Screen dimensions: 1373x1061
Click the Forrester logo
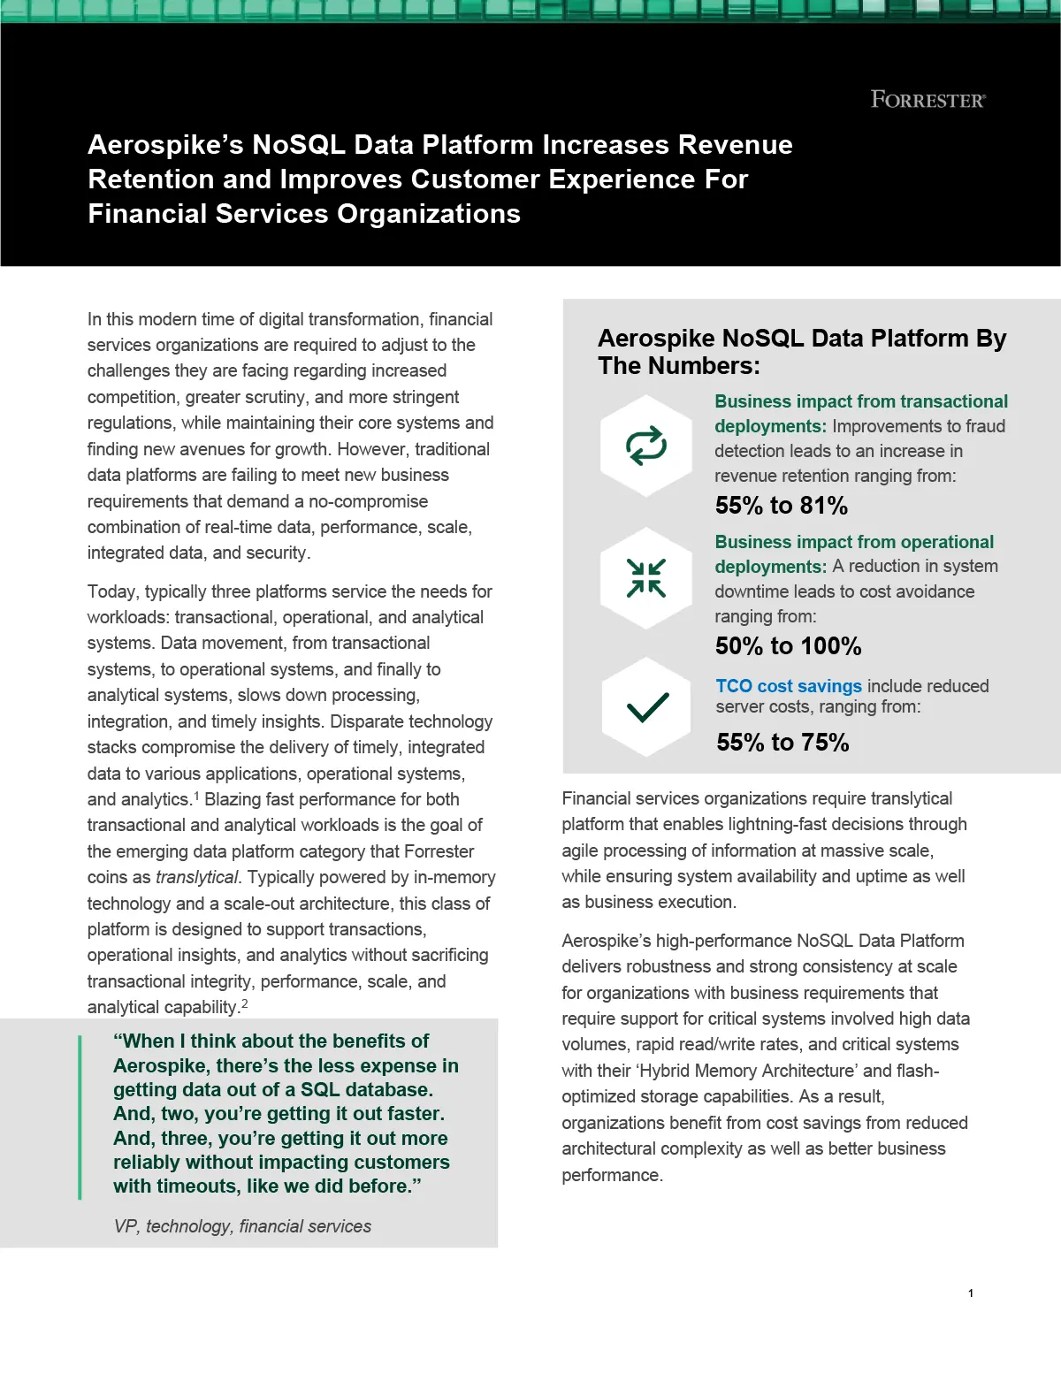coord(927,100)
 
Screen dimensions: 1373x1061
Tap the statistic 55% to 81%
coord(781,506)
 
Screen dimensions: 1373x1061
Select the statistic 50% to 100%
coord(788,646)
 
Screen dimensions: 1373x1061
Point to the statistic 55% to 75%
coord(782,743)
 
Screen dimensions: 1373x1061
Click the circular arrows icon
coord(646,446)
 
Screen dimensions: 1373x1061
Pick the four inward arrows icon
coord(646,578)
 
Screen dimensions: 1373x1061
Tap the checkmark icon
coord(647,706)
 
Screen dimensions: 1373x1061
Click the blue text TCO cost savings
coord(789,686)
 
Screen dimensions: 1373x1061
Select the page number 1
coord(970,1293)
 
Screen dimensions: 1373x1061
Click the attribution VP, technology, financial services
coord(242,1226)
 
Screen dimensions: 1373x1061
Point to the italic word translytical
coord(196,878)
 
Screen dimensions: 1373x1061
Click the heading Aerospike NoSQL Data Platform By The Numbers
coord(801,352)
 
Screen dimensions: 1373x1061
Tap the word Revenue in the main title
coord(735,145)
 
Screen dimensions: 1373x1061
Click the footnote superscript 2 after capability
coord(245,1003)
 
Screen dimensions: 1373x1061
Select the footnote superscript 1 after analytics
coord(196,796)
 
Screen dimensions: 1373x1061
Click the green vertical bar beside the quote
coord(80,1117)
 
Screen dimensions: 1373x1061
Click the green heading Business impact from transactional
coord(860,402)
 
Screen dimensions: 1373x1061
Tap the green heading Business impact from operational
coord(853,542)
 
